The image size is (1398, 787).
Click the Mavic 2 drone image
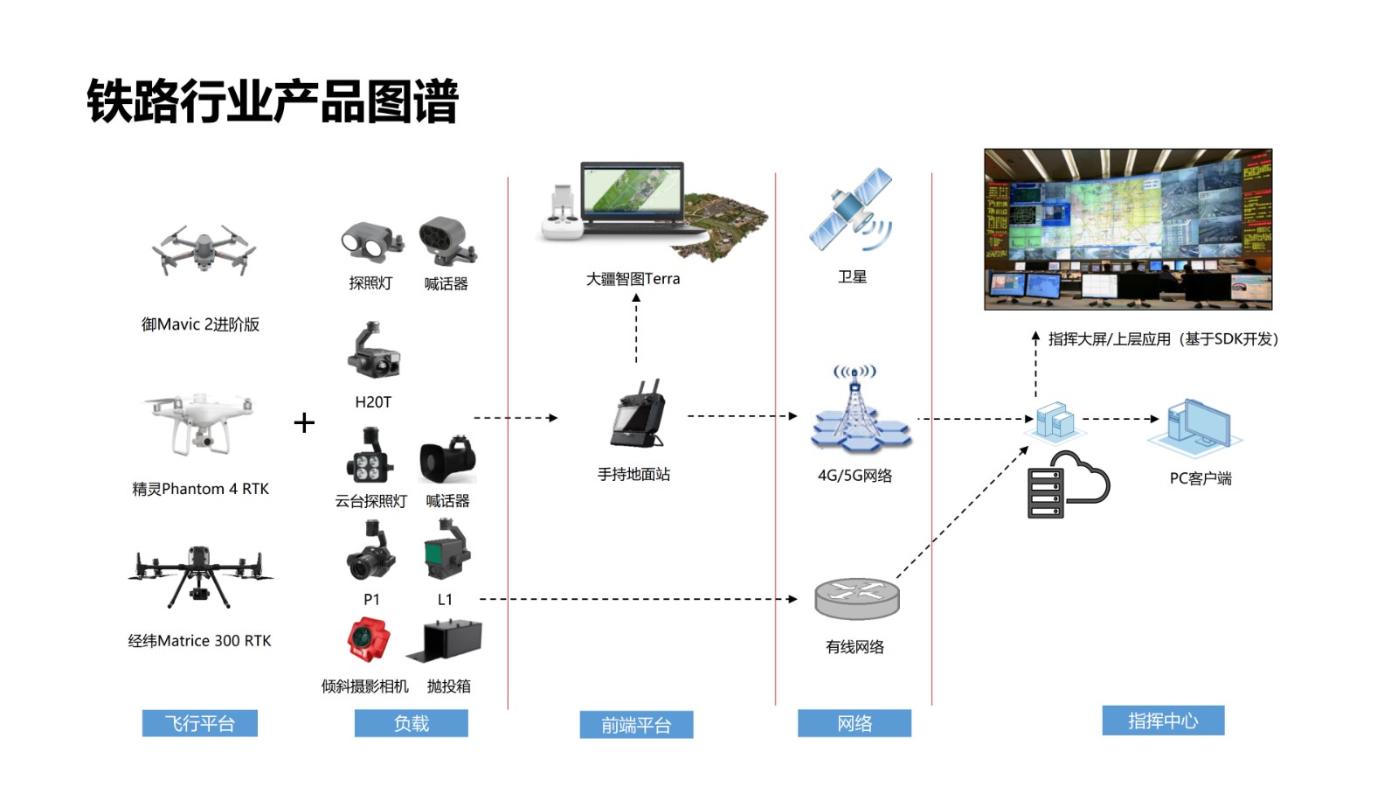tap(204, 251)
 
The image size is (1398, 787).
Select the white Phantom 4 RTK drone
tap(199, 423)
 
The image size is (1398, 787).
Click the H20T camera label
tap(373, 402)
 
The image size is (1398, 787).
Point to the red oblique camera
tap(368, 640)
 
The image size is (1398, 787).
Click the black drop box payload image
tap(446, 640)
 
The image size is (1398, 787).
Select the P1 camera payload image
tap(370, 552)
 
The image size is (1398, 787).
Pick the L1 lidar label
tap(445, 600)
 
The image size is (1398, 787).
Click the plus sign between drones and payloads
tap(304, 423)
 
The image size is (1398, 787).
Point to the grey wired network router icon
tap(857, 598)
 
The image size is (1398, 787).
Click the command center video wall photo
tap(1128, 229)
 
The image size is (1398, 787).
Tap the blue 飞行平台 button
tap(200, 724)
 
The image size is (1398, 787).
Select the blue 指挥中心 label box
tap(1163, 721)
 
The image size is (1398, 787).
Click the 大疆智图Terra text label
tap(633, 279)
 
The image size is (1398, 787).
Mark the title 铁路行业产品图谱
tap(273, 101)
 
